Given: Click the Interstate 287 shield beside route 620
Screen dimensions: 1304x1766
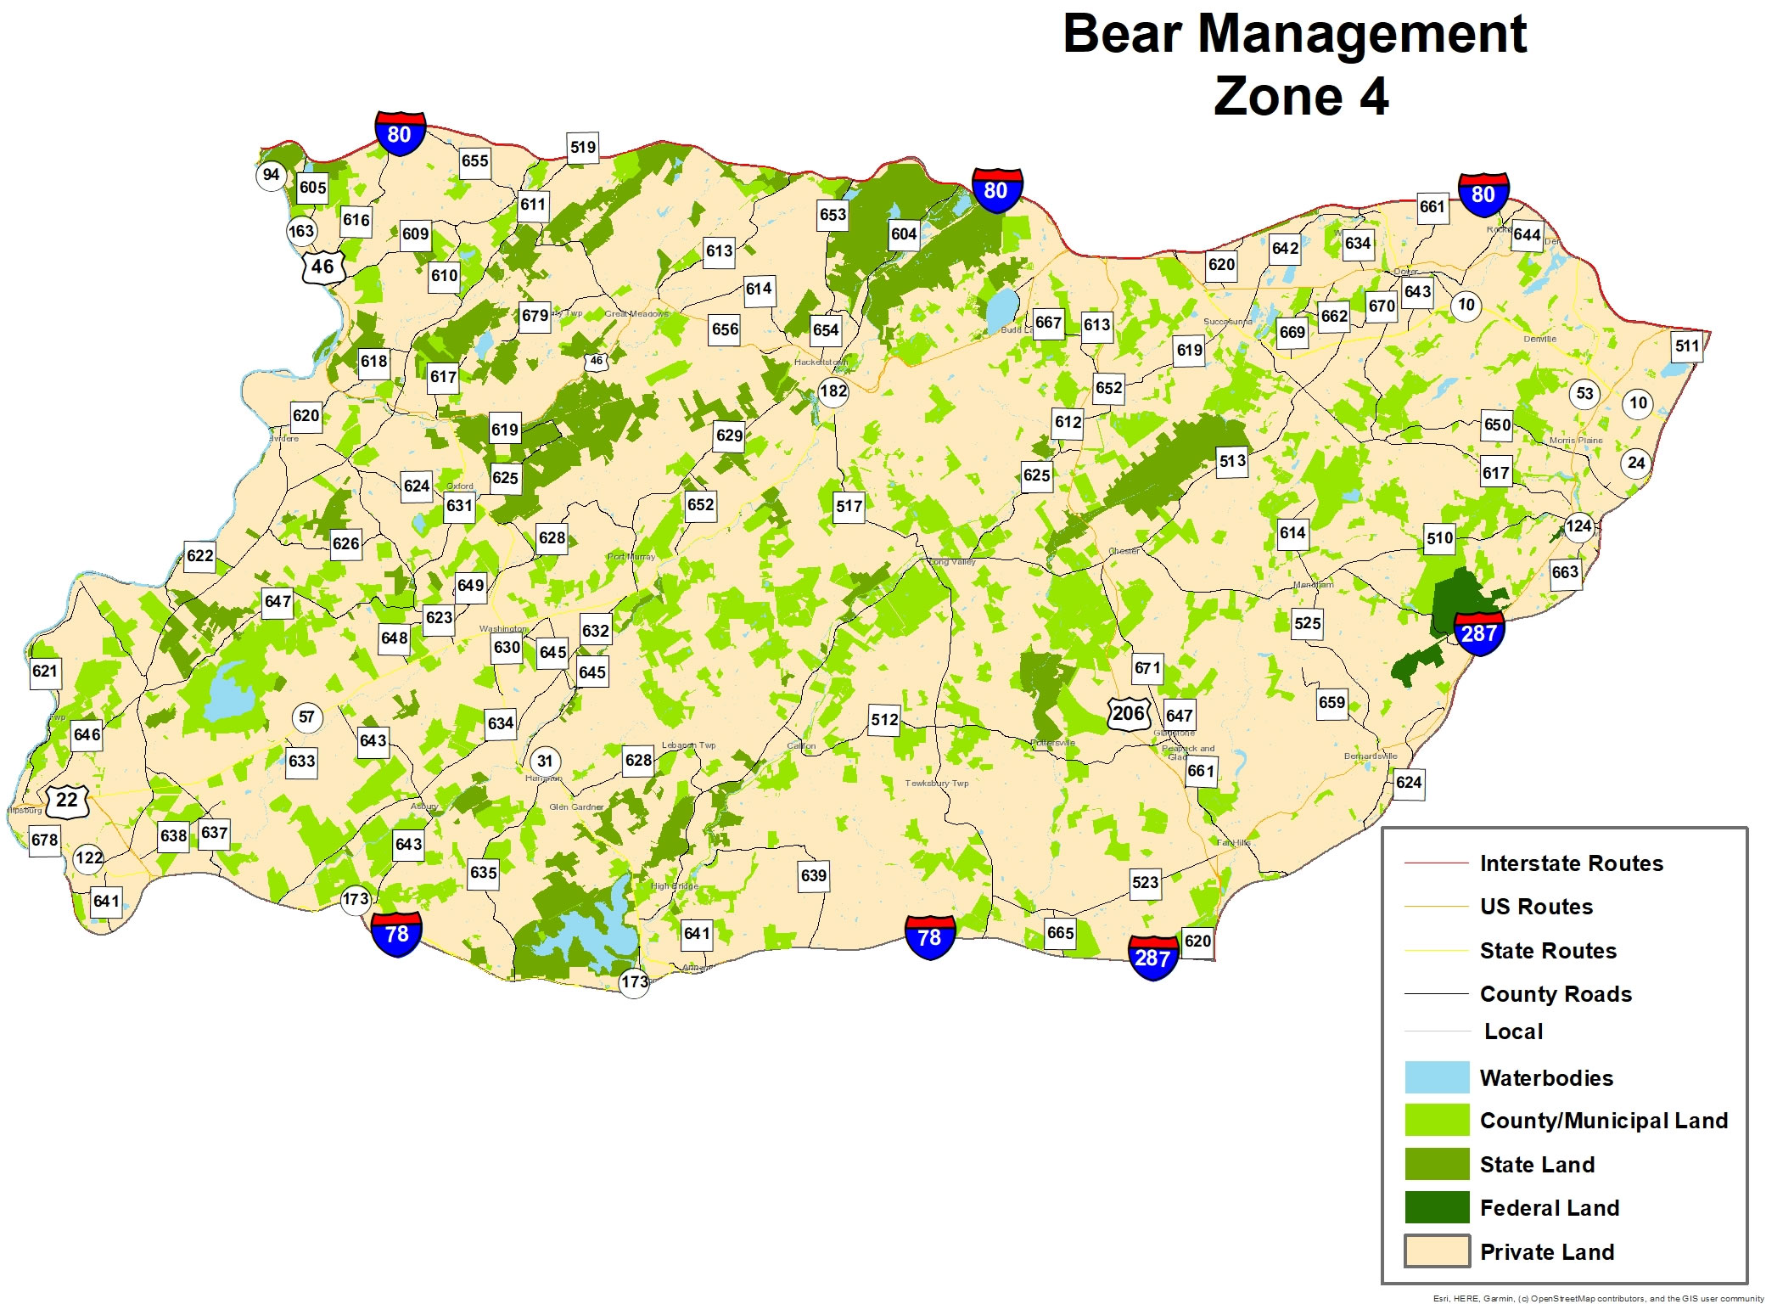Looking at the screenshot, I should pos(1152,957).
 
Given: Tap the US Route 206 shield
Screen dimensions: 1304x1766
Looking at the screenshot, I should pos(1129,713).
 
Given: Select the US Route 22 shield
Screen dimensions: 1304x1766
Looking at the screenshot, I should pos(67,800).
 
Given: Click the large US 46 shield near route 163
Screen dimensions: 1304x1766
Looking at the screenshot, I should pos(322,267).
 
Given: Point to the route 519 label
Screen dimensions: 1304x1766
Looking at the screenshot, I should pos(583,147).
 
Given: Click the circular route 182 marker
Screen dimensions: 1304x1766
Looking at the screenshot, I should pos(833,391).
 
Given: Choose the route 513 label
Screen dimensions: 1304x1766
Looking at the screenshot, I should pos(1232,461).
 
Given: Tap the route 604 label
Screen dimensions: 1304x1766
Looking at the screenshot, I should pos(904,233).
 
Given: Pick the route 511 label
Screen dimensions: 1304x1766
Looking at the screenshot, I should pos(1686,346).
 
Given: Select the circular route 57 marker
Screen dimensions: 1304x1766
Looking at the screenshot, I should pos(306,717).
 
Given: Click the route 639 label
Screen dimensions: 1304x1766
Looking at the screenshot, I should pos(813,875).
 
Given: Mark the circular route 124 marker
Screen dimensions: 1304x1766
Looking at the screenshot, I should pos(1578,526).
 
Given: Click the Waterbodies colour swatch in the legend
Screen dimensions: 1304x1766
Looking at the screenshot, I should pos(1437,1077).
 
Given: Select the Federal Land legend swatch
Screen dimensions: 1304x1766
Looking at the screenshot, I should pos(1437,1207).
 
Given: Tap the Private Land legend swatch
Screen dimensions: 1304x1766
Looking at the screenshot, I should pos(1437,1251).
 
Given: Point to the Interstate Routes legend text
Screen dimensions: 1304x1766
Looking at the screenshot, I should pos(1571,863).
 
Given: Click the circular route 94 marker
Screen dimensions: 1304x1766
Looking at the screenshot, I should pos(271,175).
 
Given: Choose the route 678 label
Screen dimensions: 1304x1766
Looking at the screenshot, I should pos(45,840).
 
